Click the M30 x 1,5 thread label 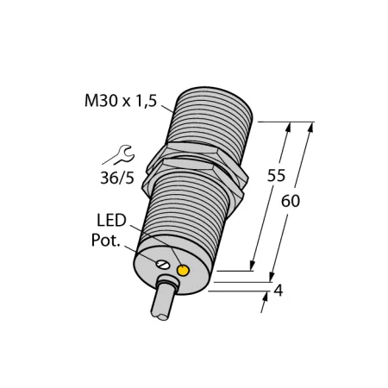121,101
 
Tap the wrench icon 118,155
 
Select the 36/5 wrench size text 117,178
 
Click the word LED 111,221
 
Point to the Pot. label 105,241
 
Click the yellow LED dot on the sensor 183,271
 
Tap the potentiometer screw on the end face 162,264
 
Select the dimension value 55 276,175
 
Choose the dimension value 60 291,201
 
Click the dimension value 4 278,291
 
